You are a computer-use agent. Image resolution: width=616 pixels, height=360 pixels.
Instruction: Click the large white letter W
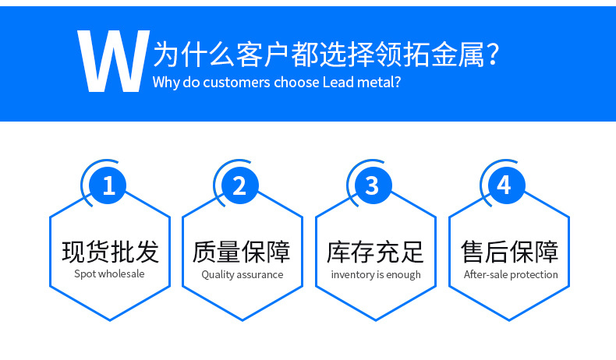point(113,62)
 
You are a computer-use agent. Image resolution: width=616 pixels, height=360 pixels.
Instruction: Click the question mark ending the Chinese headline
point(492,55)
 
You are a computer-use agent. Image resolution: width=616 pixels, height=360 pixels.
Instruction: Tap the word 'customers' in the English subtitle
point(236,83)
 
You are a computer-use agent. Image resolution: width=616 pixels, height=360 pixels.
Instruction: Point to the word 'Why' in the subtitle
point(166,83)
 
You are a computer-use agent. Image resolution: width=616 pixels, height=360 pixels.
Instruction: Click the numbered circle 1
point(108,185)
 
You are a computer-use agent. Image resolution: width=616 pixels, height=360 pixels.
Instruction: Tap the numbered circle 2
point(240,185)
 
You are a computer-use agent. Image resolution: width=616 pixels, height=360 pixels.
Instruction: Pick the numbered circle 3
point(373,185)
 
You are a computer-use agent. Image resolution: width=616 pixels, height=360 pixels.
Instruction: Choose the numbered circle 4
point(506,185)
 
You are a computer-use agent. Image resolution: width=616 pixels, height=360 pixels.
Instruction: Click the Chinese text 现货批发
point(110,252)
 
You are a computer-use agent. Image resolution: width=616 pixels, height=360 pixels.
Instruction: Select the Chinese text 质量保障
point(242,252)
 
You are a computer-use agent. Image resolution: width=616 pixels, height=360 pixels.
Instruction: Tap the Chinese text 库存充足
point(375,252)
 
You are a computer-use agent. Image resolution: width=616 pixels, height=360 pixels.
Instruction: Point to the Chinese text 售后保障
point(509,252)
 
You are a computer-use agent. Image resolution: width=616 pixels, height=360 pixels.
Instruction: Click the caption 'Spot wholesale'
point(109,274)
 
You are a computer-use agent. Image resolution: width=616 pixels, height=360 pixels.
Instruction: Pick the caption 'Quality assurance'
point(243,275)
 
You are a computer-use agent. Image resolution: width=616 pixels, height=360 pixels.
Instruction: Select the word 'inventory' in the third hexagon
point(352,275)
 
